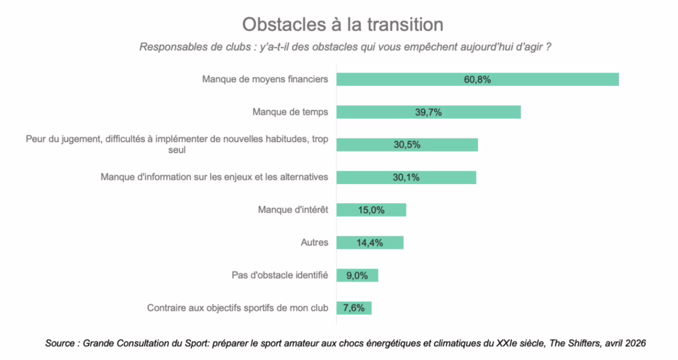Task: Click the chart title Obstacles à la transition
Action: pos(342,24)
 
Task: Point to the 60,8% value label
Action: pos(477,79)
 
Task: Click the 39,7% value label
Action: pos(428,112)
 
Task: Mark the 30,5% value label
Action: pos(407,144)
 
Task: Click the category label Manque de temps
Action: pos(290,112)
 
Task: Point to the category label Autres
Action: pos(315,242)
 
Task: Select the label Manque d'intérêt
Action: pos(293,210)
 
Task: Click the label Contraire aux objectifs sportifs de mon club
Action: pos(237,308)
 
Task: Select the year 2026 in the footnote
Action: pos(634,343)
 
